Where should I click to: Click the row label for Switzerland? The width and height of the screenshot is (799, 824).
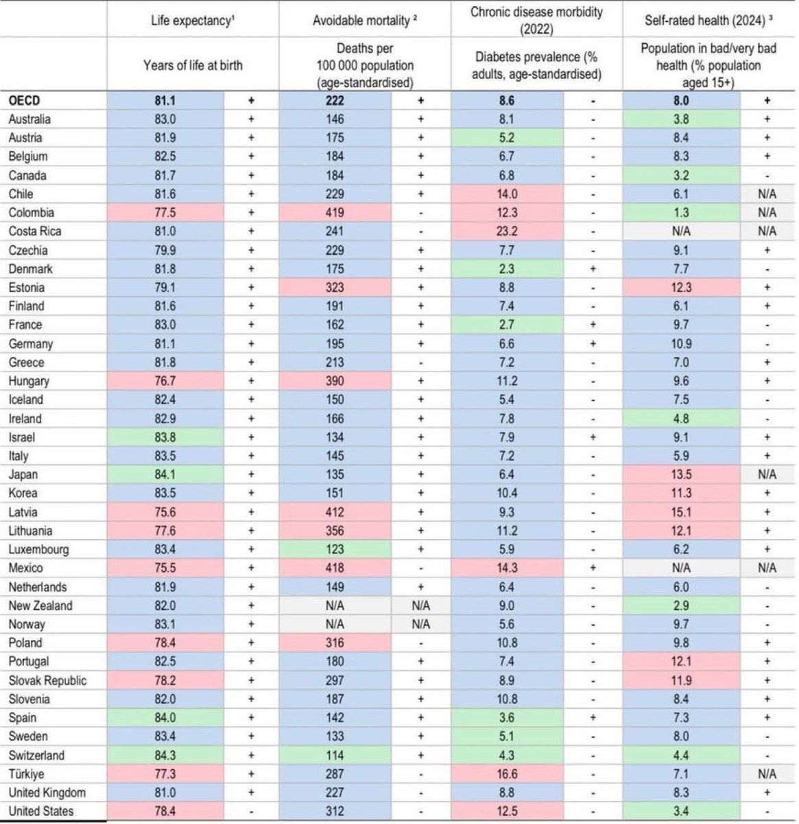36,755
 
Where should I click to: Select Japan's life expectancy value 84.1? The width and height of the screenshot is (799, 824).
165,474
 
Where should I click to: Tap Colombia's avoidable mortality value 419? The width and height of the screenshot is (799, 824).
335,213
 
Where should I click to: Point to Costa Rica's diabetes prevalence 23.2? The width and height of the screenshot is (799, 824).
508,231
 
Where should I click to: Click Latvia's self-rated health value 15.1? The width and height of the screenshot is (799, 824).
682,512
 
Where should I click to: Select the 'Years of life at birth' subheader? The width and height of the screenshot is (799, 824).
193,66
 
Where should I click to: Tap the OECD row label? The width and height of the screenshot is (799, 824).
25,101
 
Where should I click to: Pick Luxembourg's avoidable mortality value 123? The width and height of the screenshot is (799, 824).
335,549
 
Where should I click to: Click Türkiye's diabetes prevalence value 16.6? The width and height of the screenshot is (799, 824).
508,774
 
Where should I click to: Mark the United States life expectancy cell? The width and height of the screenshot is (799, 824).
165,811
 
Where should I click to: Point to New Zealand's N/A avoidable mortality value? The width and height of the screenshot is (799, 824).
335,606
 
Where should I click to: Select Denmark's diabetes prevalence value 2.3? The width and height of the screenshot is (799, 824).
508,269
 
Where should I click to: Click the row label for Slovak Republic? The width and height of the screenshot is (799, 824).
48,680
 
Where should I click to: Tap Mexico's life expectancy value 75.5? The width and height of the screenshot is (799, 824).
165,568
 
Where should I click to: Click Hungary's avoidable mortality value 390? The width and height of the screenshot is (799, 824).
335,381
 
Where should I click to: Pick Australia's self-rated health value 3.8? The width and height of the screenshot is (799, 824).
682,119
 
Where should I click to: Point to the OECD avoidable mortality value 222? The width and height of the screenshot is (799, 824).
335,101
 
